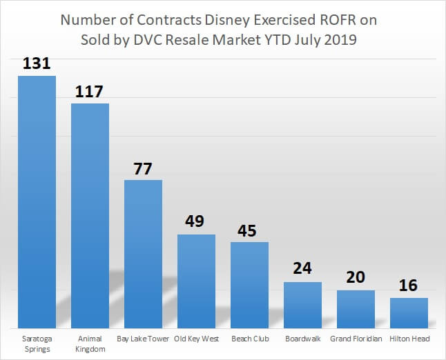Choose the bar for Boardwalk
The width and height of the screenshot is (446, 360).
302,304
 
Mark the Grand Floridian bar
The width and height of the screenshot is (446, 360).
356,308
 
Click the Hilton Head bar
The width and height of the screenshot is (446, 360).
409,312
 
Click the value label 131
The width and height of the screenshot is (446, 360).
37,63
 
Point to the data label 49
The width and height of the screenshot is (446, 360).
196,222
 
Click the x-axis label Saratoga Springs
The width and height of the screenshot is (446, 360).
37,344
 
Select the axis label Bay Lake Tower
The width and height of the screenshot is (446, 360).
143,339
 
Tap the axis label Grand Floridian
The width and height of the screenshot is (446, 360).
356,339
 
